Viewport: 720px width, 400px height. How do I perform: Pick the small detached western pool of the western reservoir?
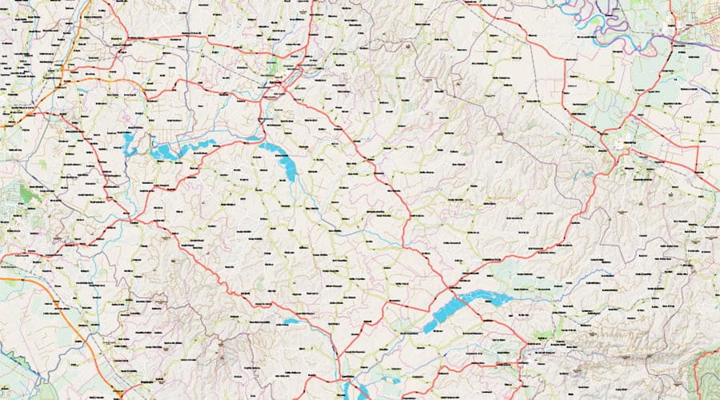128,145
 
